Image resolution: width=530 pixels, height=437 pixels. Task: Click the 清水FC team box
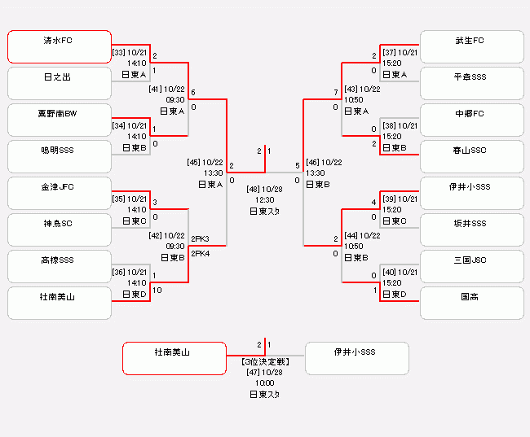(60, 46)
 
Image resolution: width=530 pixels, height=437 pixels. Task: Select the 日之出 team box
(60, 83)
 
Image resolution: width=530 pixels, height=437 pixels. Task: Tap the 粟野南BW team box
(60, 120)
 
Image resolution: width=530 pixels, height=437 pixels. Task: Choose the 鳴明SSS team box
(60, 156)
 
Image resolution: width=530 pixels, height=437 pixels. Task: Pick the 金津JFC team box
(60, 193)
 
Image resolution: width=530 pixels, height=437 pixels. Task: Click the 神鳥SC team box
(60, 229)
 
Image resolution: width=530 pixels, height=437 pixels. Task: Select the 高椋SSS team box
(60, 266)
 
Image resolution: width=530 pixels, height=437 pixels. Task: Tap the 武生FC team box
(471, 46)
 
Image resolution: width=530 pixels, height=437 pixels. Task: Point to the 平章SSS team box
(471, 83)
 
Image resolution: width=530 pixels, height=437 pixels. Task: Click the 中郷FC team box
(471, 120)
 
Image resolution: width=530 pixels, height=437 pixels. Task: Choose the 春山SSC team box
(471, 156)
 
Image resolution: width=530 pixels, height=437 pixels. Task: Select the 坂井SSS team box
(471, 229)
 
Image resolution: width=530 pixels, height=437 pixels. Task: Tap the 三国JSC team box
(471, 266)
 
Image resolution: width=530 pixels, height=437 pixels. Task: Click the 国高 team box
(471, 303)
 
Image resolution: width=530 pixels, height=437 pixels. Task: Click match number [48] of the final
(254, 189)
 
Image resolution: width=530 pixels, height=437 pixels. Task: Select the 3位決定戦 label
(264, 361)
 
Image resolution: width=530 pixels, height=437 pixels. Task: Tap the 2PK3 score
(200, 239)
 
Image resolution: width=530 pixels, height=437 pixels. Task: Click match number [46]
(313, 163)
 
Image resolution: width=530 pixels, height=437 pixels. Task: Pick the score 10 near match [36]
(157, 290)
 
